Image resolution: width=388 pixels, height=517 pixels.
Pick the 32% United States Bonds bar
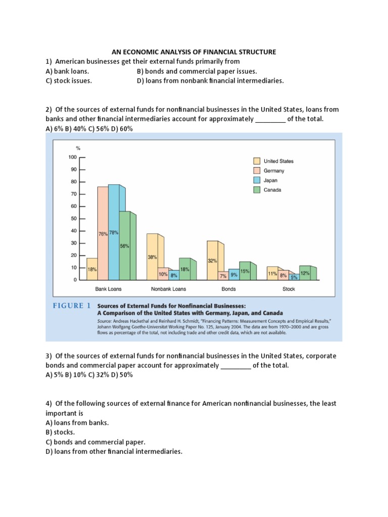click(x=212, y=260)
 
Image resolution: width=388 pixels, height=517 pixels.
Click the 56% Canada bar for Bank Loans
click(x=124, y=245)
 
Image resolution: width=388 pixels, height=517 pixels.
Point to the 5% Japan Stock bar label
click(x=294, y=277)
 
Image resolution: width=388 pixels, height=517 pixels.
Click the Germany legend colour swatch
click(x=257, y=171)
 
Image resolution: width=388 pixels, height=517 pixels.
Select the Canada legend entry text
click(x=272, y=190)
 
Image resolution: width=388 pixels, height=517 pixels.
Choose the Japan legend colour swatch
click(x=257, y=180)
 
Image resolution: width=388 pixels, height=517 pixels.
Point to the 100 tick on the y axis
click(x=72, y=157)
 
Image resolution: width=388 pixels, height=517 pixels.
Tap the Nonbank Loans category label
click(x=168, y=289)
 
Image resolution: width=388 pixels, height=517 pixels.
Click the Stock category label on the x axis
click(x=288, y=289)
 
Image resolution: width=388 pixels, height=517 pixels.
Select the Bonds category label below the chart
click(x=229, y=289)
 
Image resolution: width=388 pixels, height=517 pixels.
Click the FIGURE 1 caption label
click(x=71, y=305)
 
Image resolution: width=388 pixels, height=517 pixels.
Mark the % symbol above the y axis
click(x=78, y=148)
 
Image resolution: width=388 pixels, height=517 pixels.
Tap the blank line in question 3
click(x=236, y=366)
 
